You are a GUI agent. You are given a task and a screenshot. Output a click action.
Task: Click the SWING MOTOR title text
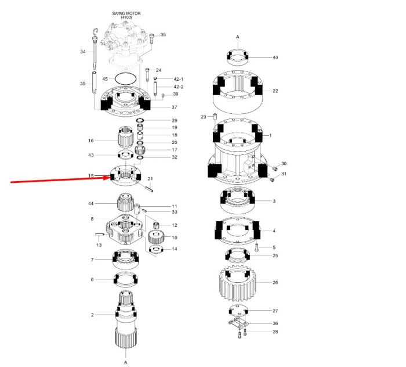(126, 13)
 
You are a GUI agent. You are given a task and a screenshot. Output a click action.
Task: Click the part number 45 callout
(105, 79)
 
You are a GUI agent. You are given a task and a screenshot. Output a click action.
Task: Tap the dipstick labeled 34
(95, 49)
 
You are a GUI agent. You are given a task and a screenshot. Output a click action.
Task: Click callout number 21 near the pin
(150, 179)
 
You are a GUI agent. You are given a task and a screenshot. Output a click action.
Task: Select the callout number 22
(275, 91)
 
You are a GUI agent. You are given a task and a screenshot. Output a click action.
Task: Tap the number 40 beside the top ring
(275, 57)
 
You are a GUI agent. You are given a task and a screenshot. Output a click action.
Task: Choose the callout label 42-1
(179, 79)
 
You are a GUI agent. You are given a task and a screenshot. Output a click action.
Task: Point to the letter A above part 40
(238, 37)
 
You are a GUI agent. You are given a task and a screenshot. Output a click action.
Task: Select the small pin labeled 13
(100, 235)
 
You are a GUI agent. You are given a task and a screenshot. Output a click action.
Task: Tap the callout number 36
(275, 323)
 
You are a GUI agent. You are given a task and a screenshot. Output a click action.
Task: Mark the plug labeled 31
(272, 179)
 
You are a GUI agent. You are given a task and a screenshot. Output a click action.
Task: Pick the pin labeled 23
(215, 116)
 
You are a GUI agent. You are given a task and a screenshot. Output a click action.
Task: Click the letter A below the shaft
(126, 362)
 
